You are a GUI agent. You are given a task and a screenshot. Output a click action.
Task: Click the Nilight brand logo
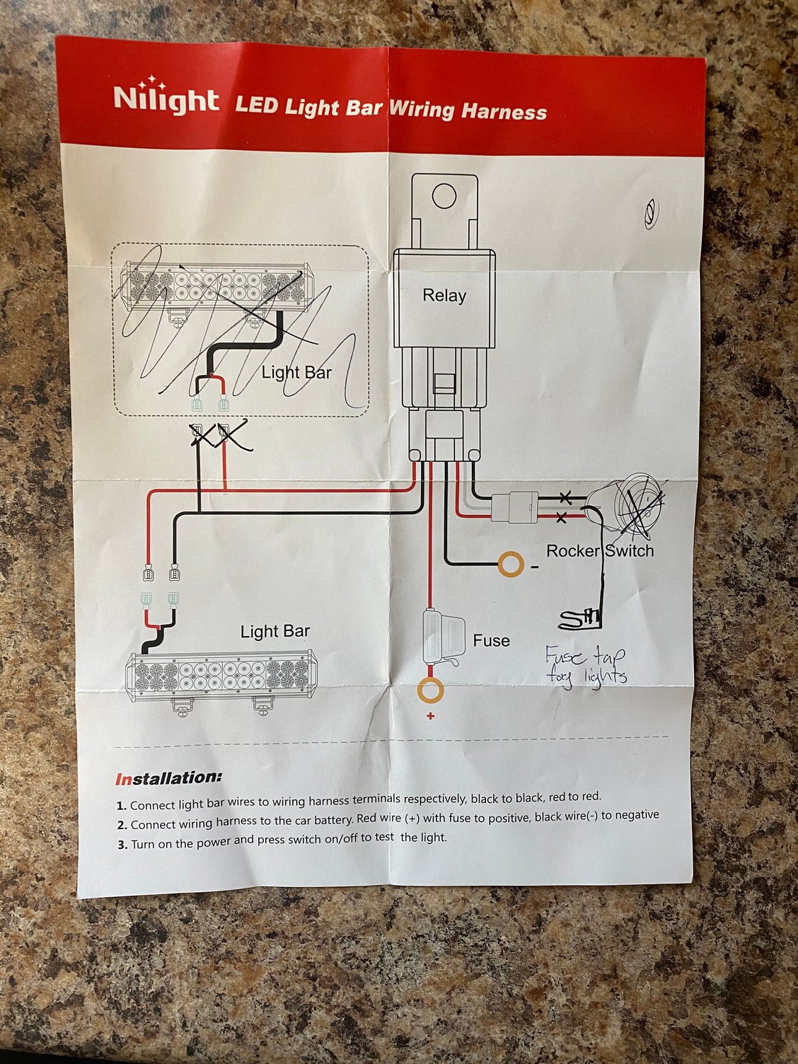pyautogui.click(x=166, y=98)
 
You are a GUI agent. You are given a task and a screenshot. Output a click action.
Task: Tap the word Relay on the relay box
pyautogui.click(x=444, y=295)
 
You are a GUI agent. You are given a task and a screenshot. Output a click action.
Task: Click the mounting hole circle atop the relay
pyautogui.click(x=444, y=196)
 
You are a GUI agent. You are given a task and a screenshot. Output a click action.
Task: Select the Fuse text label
pyautogui.click(x=491, y=640)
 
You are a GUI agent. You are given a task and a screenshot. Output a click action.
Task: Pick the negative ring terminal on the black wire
pyautogui.click(x=511, y=564)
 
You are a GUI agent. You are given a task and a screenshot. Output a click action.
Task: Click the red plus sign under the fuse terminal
pyautogui.click(x=430, y=716)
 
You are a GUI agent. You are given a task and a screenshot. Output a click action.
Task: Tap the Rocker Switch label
pyautogui.click(x=600, y=550)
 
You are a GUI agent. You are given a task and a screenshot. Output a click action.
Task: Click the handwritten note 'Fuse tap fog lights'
pyautogui.click(x=586, y=665)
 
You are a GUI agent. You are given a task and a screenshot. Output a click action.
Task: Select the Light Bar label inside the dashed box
pyautogui.click(x=296, y=372)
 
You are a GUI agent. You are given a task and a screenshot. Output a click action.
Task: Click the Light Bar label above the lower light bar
pyautogui.click(x=275, y=631)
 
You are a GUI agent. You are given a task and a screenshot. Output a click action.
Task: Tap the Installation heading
pyautogui.click(x=168, y=778)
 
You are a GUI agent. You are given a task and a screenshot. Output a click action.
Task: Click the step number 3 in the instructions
pyautogui.click(x=122, y=845)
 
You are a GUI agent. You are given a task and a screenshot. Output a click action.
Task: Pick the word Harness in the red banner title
pyautogui.click(x=504, y=111)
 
